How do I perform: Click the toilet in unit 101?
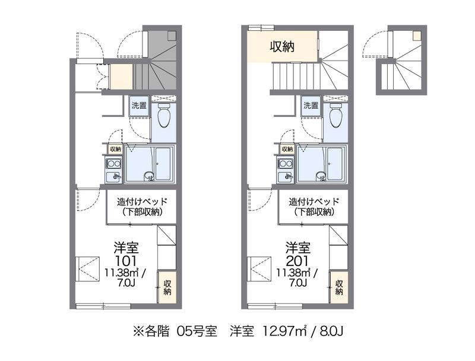[164, 115]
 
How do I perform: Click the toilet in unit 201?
[336, 115]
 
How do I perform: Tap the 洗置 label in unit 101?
[139, 106]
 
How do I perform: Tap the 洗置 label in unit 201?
[311, 106]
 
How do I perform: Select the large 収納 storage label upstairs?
[283, 46]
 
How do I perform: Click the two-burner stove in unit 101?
[113, 164]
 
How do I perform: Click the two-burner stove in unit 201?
[286, 164]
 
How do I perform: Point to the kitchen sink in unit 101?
[113, 177]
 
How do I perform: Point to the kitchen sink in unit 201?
[286, 177]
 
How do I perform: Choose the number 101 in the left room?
[125, 261]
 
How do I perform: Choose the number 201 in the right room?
[297, 261]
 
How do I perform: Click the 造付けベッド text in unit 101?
[142, 201]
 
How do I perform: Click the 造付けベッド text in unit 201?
[314, 201]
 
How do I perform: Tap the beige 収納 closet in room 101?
[167, 287]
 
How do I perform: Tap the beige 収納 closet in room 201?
[339, 287]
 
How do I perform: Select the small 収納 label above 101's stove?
[115, 149]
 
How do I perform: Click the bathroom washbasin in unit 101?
[149, 176]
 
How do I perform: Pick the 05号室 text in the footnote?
[197, 331]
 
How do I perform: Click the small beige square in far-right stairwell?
[417, 36]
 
